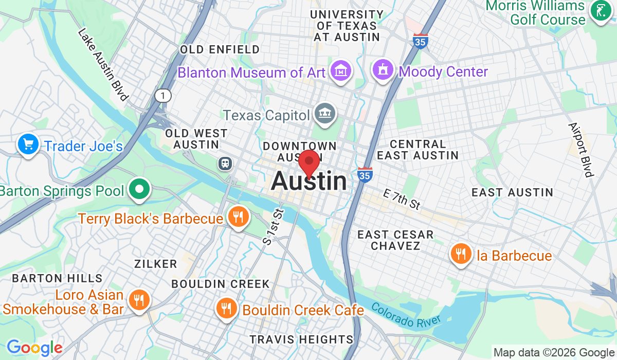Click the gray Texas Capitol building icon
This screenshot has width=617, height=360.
[325, 113]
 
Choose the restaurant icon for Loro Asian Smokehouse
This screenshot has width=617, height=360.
[138, 300]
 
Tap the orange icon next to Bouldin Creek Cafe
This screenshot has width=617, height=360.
[225, 309]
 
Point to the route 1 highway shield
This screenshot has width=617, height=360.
[163, 95]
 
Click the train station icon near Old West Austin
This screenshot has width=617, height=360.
[225, 164]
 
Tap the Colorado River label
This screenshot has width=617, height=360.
[406, 315]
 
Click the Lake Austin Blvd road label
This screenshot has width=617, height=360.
[103, 64]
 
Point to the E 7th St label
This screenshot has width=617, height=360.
[402, 199]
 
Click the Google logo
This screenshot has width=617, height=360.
[34, 348]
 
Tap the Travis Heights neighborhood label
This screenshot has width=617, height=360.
[301, 339]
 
